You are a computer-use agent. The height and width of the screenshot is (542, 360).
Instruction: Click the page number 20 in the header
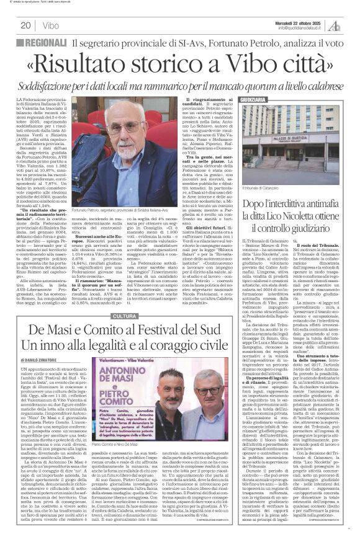(26, 25)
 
